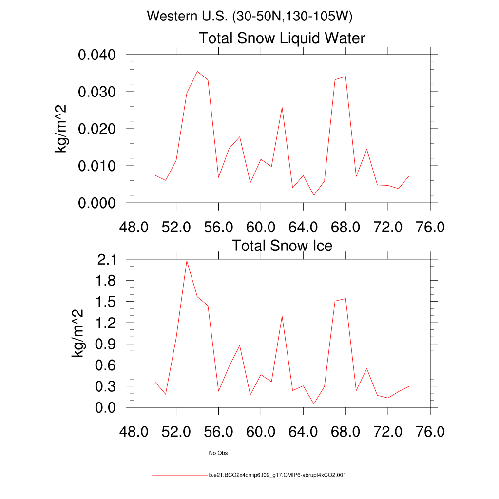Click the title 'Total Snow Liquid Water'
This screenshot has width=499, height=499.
click(282, 38)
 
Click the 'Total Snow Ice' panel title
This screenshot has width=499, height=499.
click(282, 245)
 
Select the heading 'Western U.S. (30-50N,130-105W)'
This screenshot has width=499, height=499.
click(249, 16)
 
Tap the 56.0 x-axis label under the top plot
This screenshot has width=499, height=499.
click(218, 227)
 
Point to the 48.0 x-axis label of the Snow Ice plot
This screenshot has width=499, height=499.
click(134, 432)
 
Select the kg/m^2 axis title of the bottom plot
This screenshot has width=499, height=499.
click(78, 333)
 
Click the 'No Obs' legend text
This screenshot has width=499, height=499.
click(218, 453)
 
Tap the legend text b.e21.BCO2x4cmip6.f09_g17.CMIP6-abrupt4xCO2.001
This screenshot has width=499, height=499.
click(277, 475)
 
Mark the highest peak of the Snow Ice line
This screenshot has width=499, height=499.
click(187, 261)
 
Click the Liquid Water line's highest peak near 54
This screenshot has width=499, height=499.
click(197, 71)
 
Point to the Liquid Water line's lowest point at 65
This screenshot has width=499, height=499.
click(314, 195)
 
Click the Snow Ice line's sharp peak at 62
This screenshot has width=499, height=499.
click(282, 316)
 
